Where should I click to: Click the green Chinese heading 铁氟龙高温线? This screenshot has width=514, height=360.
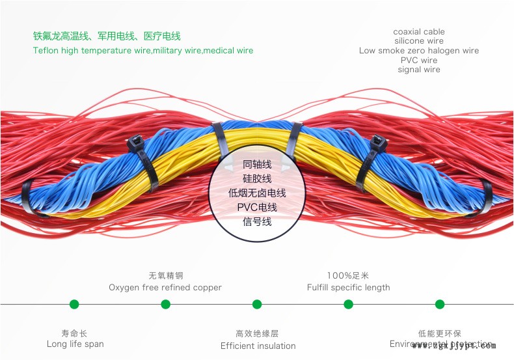pos(107,36)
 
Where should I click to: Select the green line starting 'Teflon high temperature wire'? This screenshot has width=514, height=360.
pos(143,51)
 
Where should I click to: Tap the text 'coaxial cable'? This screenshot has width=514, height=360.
pos(419,32)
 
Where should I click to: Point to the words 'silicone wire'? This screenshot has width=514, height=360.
pos(419,41)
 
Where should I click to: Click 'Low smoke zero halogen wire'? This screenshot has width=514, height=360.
pos(419,51)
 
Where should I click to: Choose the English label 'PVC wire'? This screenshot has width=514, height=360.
pos(419,61)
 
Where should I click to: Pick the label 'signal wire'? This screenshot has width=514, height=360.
pos(419,70)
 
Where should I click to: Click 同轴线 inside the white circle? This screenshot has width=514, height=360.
pos(257,165)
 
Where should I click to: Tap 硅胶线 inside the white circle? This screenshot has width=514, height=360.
pos(257,179)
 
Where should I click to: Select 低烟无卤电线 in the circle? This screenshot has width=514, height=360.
pos(257,193)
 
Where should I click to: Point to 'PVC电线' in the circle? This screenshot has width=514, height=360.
pos(257,208)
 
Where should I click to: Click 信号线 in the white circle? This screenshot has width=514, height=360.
pos(257,222)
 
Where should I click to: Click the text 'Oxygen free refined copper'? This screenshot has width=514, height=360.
pos(165,288)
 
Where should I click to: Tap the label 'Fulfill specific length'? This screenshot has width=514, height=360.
pos(349,288)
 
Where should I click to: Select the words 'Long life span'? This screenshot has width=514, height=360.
pos(75,344)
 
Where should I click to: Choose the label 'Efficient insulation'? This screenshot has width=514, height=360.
pos(258,346)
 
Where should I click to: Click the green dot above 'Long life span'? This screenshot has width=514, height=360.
pos(74,304)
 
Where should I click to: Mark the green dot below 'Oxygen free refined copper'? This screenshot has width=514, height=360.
pos(165,304)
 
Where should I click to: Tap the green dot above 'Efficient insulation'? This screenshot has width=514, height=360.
pos(257,304)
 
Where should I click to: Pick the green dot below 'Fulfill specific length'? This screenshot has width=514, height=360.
pos(348,304)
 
